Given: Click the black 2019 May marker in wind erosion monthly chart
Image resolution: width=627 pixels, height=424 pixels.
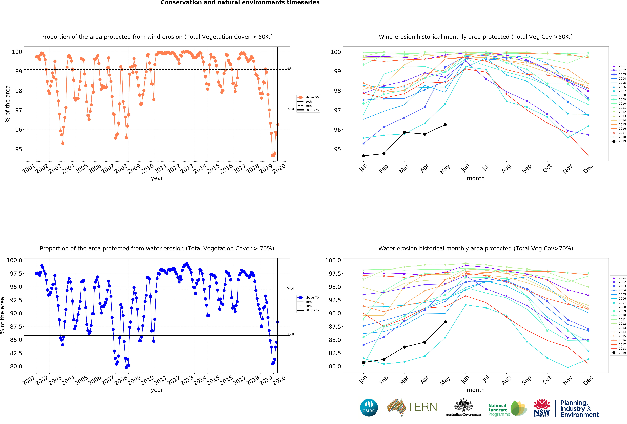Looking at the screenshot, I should pyautogui.click(x=445, y=125).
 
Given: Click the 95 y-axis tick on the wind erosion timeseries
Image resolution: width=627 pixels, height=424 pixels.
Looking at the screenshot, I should pyautogui.click(x=19, y=149).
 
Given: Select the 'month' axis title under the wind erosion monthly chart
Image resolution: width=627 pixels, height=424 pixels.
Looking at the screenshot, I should pyautogui.click(x=476, y=178).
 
